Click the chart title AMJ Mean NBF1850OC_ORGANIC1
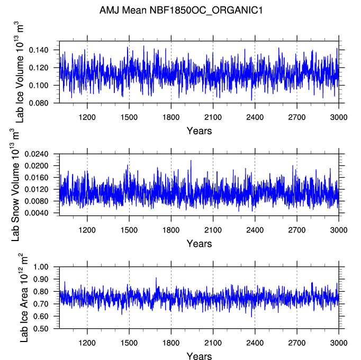[x=180, y=10]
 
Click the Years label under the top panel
[x=199, y=131]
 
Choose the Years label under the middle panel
[x=199, y=244]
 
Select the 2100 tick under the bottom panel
[x=213, y=342]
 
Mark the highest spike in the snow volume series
[x=191, y=161]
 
